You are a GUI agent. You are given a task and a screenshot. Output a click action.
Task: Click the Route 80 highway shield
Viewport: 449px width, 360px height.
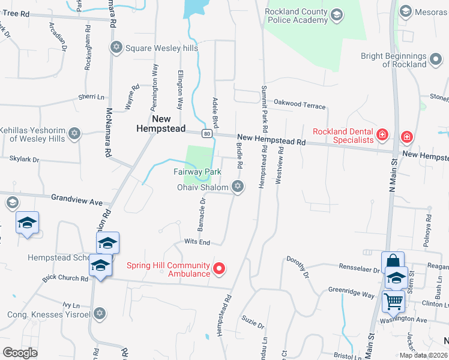coord(206,133)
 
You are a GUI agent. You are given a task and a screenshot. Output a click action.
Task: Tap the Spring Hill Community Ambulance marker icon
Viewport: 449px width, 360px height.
coord(220,269)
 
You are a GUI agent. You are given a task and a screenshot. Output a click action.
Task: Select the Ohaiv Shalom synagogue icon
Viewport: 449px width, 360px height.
coord(238,187)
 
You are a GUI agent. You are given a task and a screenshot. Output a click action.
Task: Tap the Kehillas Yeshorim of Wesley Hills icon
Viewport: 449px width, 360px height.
coord(74,134)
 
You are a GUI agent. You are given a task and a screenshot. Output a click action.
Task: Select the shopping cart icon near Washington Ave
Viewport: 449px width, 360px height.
coord(393,301)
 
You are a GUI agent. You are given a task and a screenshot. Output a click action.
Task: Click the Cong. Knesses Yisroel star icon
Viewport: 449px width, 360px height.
coord(100,313)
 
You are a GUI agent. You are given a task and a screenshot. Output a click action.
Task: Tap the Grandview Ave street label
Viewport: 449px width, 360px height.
coord(76,198)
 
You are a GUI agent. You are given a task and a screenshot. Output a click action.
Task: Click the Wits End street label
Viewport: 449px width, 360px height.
coord(196,242)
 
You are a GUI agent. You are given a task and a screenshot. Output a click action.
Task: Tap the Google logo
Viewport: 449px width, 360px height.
coord(20,352)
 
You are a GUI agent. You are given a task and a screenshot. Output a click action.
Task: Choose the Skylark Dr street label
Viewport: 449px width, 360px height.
coord(24,160)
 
